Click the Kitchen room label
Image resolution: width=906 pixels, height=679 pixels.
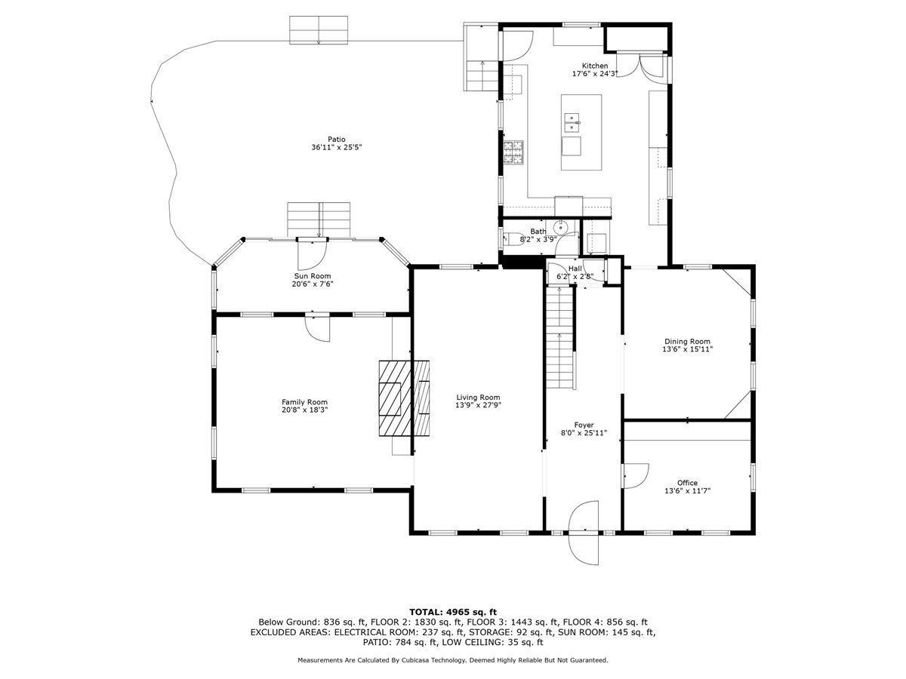(x=594, y=66)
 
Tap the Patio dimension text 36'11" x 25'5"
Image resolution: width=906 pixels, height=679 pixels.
(x=337, y=147)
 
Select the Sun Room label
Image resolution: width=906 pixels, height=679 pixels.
(x=312, y=276)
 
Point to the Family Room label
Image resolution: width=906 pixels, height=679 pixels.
(x=304, y=402)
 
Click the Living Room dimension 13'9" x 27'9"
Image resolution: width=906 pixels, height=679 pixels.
(x=478, y=405)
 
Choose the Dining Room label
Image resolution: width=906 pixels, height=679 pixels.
(x=687, y=341)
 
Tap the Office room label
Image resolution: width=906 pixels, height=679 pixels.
(x=687, y=483)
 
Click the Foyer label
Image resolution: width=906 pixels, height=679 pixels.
(x=584, y=425)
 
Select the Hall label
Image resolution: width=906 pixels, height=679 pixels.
(x=575, y=269)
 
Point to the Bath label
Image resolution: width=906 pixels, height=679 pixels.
(x=538, y=232)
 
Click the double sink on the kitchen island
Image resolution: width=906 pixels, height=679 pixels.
(x=572, y=123)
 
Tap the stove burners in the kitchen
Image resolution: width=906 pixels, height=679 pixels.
(x=513, y=152)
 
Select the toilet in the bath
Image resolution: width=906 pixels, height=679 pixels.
(x=513, y=239)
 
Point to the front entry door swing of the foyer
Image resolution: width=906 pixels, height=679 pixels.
(x=583, y=532)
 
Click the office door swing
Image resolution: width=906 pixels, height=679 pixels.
(x=636, y=476)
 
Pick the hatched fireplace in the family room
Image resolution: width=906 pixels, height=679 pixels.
(x=404, y=398)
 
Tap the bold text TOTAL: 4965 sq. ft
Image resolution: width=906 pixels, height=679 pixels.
(x=453, y=612)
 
